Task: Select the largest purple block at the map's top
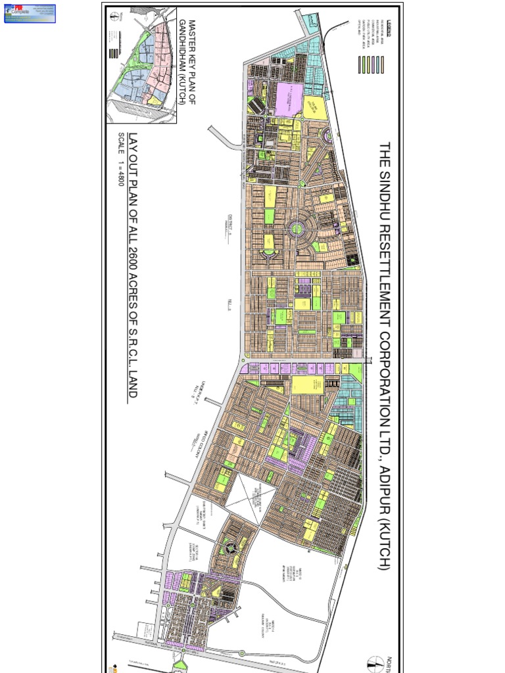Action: click(288, 100)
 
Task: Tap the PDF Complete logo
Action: click(30, 13)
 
